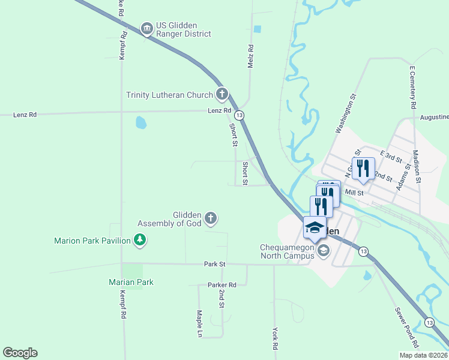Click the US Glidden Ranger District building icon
pos(146,28)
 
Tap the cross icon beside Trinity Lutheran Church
pos(222,94)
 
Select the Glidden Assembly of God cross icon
pos(210,218)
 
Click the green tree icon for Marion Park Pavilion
pos(140,241)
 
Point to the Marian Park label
pos(131,282)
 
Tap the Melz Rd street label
pos(251,56)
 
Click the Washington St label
pos(346,112)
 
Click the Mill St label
pos(354,193)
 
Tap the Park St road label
pos(214,263)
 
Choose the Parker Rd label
pos(221,284)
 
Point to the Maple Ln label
pos(199,323)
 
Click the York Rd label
pos(275,338)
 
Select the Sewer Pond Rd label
pos(406,328)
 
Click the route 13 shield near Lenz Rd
pos(240,115)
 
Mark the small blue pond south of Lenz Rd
pos(141,123)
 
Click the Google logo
pos(20,353)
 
